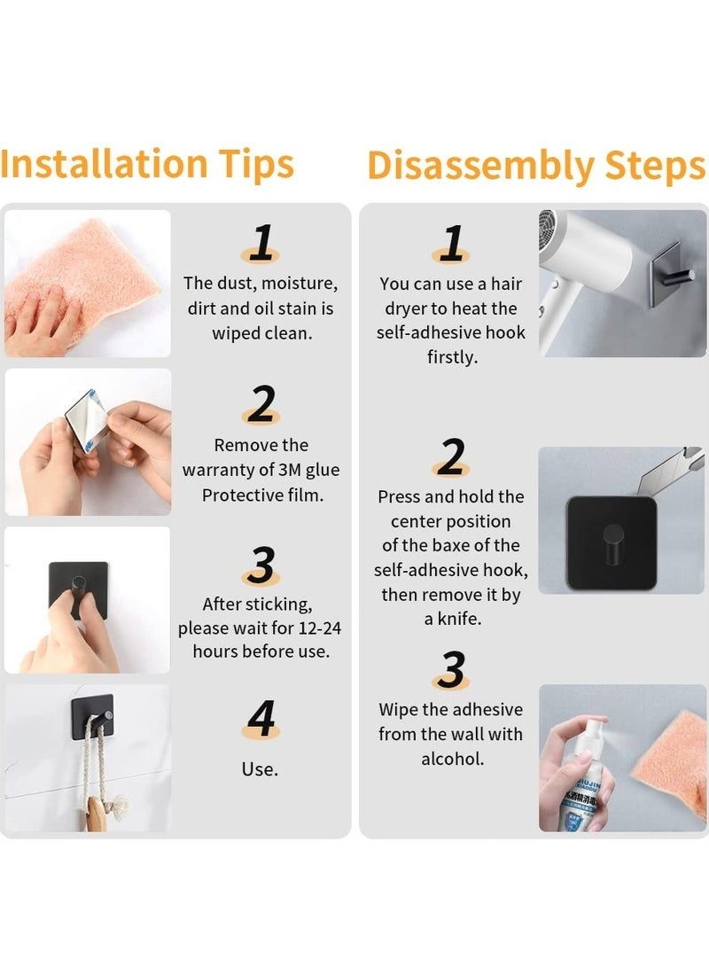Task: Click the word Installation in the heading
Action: click(104, 163)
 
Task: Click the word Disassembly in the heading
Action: click(479, 166)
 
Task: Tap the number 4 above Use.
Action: click(261, 719)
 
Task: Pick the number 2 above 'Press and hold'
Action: click(451, 456)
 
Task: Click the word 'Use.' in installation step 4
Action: click(260, 769)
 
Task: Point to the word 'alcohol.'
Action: click(453, 759)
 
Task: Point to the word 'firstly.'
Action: click(453, 356)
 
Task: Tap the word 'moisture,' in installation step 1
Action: click(299, 284)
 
